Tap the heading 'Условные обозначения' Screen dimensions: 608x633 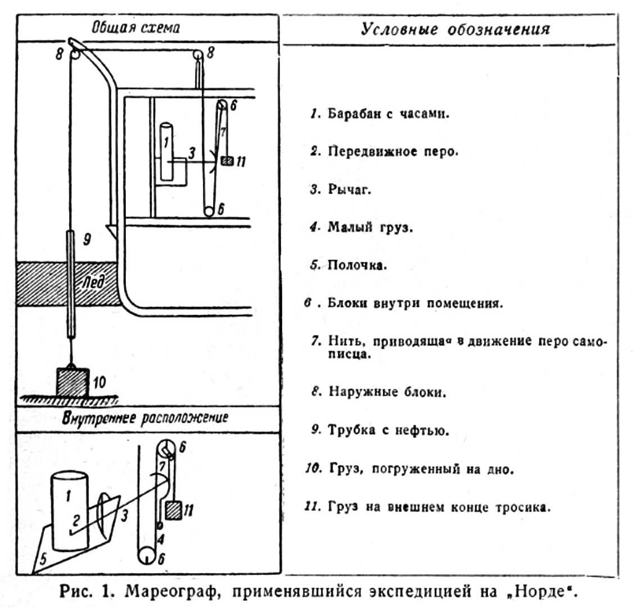point(455,29)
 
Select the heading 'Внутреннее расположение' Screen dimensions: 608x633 point(146,418)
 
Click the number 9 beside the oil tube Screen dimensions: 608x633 point(87,240)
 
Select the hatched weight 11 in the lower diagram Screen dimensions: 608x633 point(173,510)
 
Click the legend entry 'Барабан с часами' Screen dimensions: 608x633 point(388,114)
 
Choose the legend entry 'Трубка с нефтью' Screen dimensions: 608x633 point(388,431)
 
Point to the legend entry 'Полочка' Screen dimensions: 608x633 point(357,265)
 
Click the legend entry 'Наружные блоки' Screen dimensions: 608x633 point(387,392)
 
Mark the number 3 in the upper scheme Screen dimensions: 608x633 point(191,152)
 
